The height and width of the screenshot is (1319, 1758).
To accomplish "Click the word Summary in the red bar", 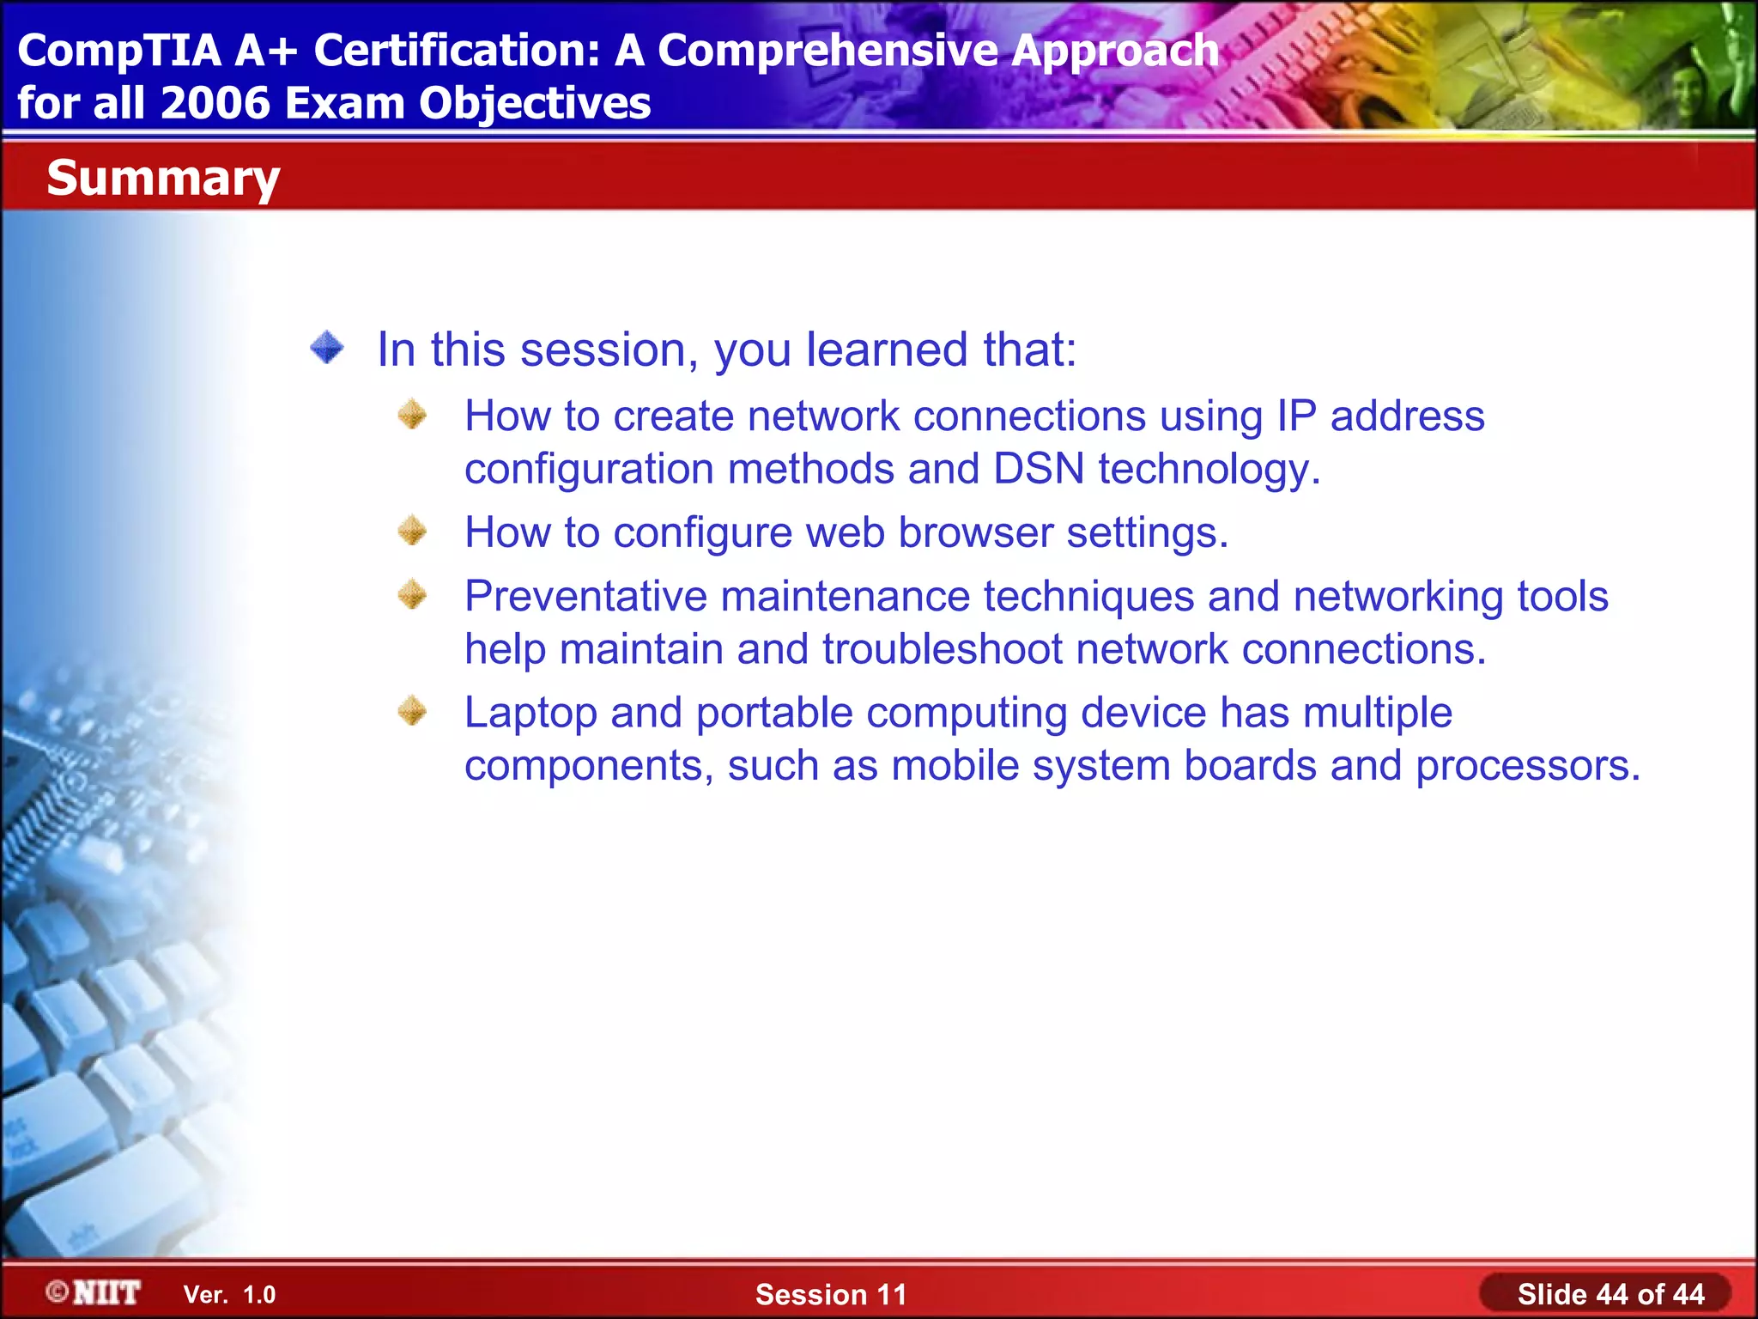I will [163, 179].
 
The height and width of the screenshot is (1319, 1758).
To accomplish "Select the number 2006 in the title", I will [215, 103].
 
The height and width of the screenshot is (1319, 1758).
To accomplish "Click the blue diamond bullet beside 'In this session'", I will [327, 349].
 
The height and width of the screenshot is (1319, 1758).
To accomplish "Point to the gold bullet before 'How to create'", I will [413, 415].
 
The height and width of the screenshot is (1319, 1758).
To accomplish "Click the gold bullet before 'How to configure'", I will [413, 531].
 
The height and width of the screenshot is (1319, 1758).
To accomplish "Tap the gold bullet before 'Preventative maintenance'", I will [413, 594].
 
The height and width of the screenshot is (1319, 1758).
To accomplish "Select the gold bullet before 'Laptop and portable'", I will [413, 711].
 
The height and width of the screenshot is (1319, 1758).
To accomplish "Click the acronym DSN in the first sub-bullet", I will [1039, 469].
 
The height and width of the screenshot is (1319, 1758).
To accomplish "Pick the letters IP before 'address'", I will [1296, 416].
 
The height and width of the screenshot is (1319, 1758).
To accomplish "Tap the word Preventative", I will [585, 596].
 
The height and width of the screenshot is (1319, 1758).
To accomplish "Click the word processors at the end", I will [1527, 765].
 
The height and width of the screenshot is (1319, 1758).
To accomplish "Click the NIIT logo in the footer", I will [94, 1292].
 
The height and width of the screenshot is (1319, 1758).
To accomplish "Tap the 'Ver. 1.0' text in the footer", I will [229, 1295].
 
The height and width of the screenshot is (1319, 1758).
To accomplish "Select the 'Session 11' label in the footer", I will [830, 1294].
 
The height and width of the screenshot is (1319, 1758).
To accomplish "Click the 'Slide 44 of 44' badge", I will [1609, 1294].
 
